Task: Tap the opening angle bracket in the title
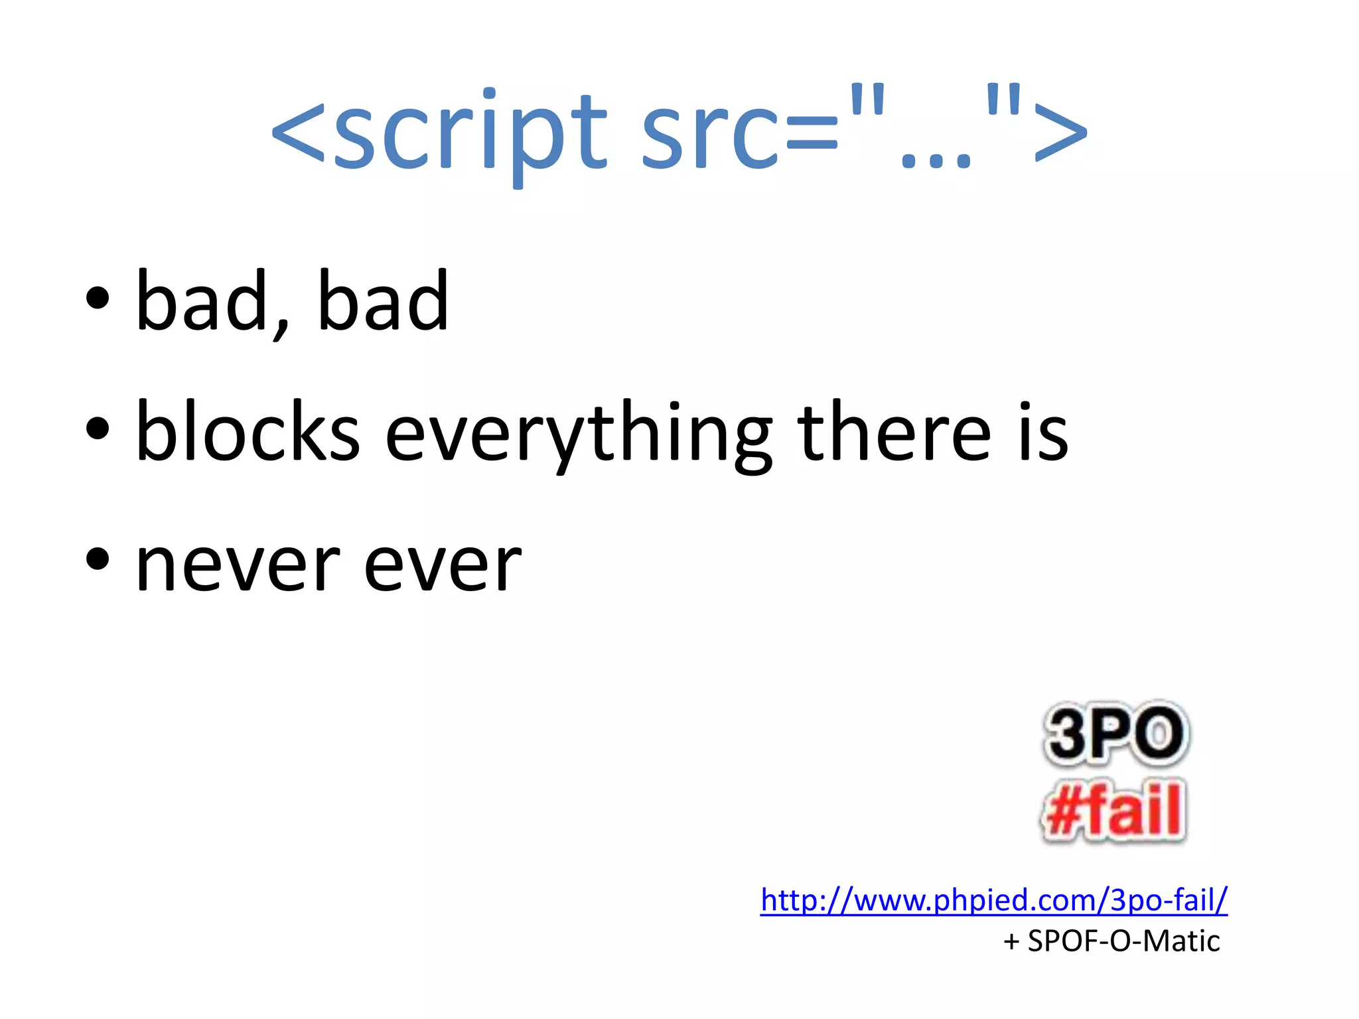tap(298, 133)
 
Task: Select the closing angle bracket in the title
tap(1060, 133)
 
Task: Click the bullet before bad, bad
tap(98, 298)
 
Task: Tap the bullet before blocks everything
tap(98, 428)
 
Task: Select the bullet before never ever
tap(98, 558)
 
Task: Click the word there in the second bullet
tap(894, 431)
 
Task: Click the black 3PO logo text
tap(1115, 734)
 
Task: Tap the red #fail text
tap(1113, 810)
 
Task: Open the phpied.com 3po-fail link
tap(993, 900)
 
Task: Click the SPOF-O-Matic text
tap(1123, 941)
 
